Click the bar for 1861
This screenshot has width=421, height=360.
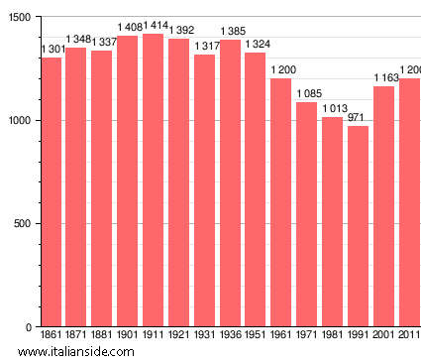[x=52, y=192]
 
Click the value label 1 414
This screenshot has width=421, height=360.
[x=156, y=25]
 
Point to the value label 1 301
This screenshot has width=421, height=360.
[x=53, y=49]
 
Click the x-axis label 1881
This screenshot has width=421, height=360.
[x=102, y=335]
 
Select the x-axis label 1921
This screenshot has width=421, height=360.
[x=179, y=335]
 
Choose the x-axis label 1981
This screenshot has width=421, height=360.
[x=333, y=335]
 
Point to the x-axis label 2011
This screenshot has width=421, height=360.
[x=409, y=335]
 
